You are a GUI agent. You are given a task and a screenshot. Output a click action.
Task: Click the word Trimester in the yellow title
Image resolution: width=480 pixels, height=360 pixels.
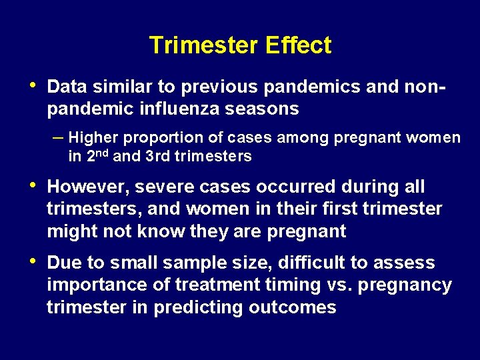(204, 45)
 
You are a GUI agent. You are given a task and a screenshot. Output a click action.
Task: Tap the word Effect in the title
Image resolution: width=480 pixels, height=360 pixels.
(298, 45)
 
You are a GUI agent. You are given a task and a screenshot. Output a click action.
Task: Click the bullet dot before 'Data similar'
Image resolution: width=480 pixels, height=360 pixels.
(33, 86)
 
